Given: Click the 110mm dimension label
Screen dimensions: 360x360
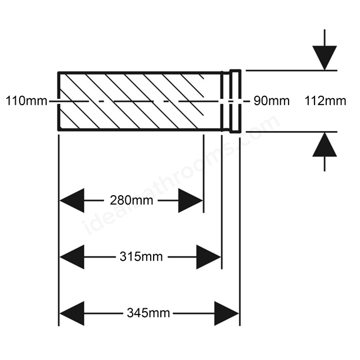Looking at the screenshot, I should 26,101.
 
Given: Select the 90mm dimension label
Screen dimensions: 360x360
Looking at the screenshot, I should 271,101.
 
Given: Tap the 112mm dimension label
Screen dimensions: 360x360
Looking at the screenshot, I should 325,101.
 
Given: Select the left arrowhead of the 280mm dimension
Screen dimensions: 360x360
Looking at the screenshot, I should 72,200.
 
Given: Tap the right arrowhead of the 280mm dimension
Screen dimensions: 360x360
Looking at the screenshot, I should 191,200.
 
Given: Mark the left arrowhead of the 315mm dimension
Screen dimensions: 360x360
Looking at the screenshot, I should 72,257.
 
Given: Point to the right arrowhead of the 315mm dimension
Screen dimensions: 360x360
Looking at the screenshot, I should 209,257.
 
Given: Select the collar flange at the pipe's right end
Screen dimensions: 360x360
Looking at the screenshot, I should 236,101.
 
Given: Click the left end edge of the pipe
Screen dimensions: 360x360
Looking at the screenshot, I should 58,101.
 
